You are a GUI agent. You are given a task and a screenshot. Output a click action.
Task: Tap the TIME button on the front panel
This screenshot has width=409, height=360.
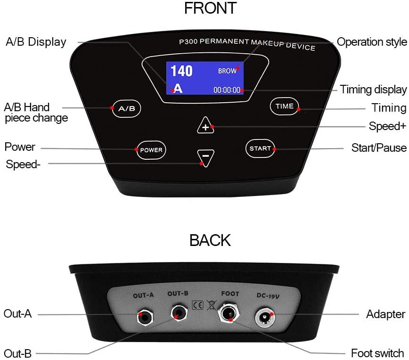tap(284, 106)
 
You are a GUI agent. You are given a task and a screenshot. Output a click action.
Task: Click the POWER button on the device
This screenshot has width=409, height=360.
tap(151, 150)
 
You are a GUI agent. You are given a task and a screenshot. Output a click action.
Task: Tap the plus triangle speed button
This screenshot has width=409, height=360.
tap(205, 126)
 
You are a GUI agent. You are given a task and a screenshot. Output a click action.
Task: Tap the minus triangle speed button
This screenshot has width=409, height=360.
tap(205, 157)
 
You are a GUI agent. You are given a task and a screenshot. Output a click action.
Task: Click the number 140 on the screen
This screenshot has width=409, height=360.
tap(181, 71)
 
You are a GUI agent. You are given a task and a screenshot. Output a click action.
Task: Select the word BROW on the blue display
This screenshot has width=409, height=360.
tap(227, 71)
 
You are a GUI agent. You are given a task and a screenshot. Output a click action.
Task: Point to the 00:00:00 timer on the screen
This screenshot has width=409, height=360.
tap(227, 90)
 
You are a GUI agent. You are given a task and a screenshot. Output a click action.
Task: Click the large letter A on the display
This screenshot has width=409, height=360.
tap(178, 89)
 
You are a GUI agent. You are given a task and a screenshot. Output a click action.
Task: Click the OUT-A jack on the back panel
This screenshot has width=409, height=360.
tap(145, 316)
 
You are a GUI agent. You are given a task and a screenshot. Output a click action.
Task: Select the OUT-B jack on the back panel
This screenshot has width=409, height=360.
tap(179, 313)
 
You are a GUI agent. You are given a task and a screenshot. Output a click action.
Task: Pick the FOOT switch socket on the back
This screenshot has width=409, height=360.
tap(229, 312)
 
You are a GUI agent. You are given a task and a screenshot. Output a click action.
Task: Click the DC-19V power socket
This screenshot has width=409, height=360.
tap(264, 317)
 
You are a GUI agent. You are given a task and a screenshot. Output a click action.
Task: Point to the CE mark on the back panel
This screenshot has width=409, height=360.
tap(197, 305)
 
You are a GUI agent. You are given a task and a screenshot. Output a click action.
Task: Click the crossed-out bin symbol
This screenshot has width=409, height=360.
tap(212, 305)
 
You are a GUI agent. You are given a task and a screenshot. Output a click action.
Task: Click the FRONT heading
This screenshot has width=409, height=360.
tap(211, 8)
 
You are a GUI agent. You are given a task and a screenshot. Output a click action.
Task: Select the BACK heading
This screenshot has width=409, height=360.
tap(210, 240)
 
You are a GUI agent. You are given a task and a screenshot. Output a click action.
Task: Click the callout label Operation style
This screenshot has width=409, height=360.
tap(372, 42)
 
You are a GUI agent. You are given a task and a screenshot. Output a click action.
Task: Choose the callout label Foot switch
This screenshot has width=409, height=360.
tap(377, 353)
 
